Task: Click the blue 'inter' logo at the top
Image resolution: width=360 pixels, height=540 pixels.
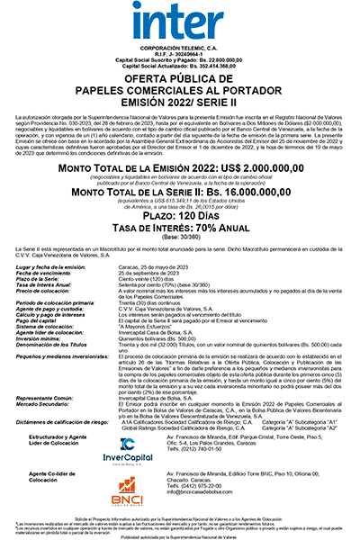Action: [180, 21]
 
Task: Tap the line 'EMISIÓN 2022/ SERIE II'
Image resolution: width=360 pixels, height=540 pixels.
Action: [180, 101]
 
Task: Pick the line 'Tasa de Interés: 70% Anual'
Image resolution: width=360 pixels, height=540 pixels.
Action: [180, 230]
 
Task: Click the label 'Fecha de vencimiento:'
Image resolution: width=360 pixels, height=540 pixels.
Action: [55, 274]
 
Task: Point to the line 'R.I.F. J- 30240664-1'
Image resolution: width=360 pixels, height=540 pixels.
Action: [180, 54]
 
